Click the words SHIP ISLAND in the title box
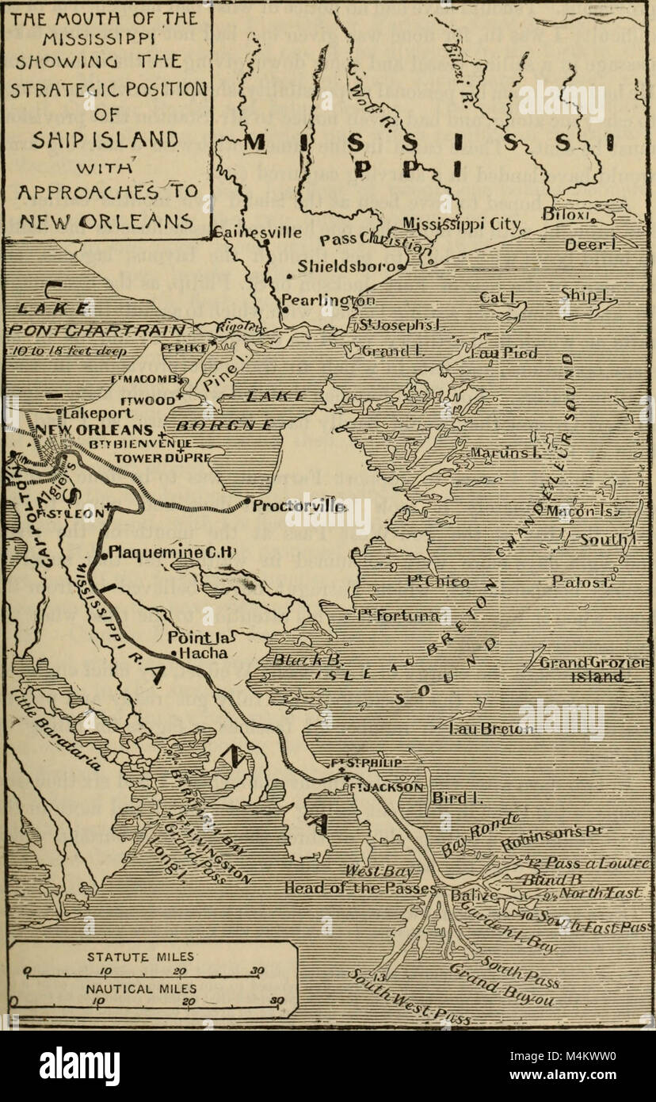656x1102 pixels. (x=107, y=140)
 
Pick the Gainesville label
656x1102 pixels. (x=257, y=233)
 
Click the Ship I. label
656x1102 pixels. (x=582, y=294)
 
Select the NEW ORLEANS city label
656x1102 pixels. (x=87, y=428)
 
